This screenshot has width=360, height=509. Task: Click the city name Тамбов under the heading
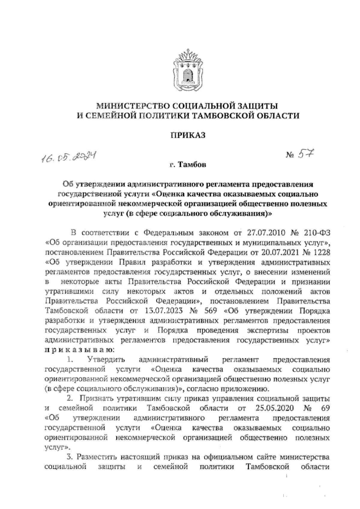(x=192, y=165)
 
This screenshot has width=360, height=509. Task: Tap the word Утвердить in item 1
(x=106, y=359)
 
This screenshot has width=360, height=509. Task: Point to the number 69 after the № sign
(x=325, y=408)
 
